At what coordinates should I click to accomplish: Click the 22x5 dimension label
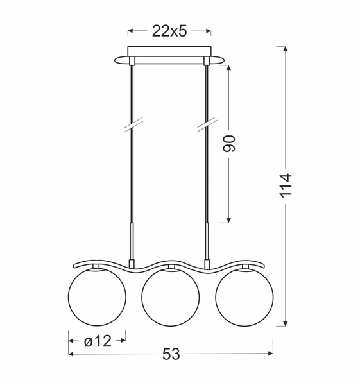169,31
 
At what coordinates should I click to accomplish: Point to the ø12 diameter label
97,341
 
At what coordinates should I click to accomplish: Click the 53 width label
170,354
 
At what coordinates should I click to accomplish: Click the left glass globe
96,299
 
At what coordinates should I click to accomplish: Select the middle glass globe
169,299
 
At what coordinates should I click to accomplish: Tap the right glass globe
243,299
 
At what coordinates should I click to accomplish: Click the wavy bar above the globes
169,264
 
